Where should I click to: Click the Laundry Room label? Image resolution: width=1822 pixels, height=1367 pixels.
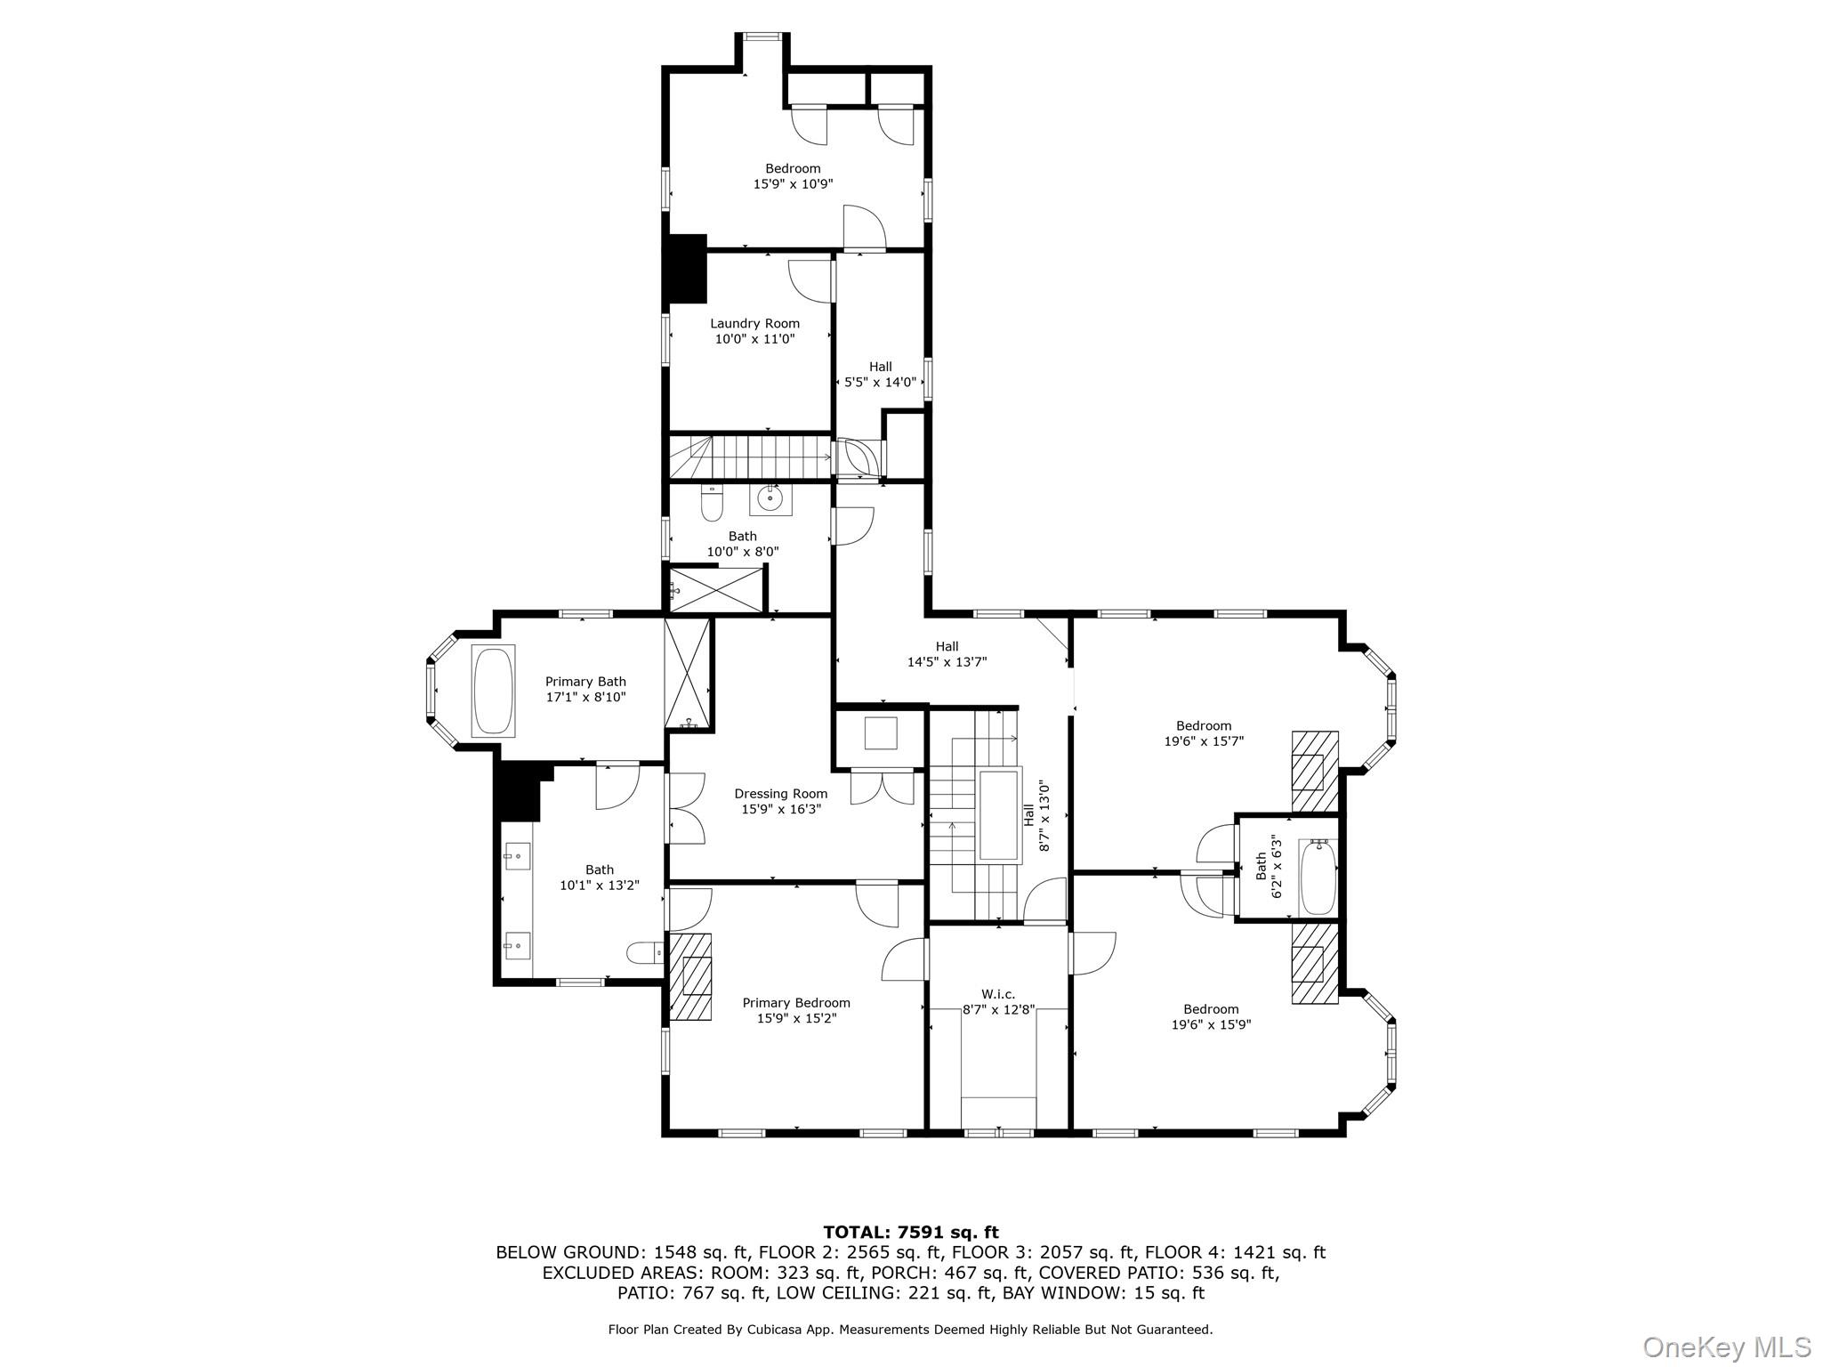pyautogui.click(x=754, y=323)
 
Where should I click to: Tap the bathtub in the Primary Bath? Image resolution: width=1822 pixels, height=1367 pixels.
pyautogui.click(x=493, y=691)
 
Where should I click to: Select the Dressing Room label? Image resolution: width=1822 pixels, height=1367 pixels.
pyautogui.click(x=780, y=794)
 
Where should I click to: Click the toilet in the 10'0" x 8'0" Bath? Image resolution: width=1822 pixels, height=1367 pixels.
pyautogui.click(x=712, y=505)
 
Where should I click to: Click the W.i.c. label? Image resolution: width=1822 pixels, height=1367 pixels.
pyautogui.click(x=998, y=994)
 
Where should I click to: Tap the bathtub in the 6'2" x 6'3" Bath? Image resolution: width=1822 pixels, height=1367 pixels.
pyautogui.click(x=1318, y=878)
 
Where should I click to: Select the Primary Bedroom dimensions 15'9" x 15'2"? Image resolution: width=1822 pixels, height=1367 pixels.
pyautogui.click(x=796, y=1018)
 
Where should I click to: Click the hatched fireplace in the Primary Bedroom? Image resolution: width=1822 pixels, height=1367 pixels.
pyautogui.click(x=690, y=975)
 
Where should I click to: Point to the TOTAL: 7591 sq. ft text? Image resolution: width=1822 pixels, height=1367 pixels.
pyautogui.click(x=910, y=1233)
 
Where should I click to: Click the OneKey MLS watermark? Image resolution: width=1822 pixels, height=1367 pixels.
pyautogui.click(x=1726, y=1347)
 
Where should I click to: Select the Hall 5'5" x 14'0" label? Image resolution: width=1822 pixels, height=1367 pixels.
pyautogui.click(x=880, y=374)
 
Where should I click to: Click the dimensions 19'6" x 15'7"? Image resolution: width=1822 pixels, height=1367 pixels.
pyautogui.click(x=1204, y=740)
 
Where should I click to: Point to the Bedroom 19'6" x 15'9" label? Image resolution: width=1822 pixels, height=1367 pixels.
pyautogui.click(x=1211, y=1016)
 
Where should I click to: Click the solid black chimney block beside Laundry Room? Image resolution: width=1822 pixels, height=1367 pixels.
pyautogui.click(x=686, y=269)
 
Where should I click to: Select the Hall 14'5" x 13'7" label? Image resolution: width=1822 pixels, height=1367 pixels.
pyautogui.click(x=947, y=654)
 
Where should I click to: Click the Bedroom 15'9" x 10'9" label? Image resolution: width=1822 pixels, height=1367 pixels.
pyautogui.click(x=793, y=175)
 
